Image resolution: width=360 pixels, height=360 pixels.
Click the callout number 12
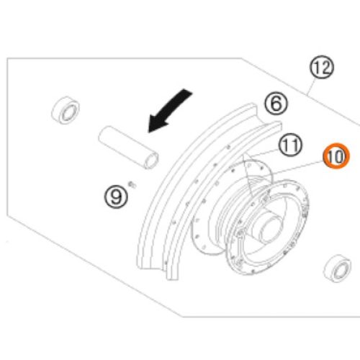(x=322, y=67)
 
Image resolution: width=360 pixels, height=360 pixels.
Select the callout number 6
(x=276, y=104)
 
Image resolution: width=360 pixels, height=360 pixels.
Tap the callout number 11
(x=290, y=145)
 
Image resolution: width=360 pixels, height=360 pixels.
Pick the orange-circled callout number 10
(x=336, y=156)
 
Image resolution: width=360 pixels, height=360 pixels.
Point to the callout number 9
(x=116, y=197)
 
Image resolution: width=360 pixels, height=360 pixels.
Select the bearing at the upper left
(x=66, y=110)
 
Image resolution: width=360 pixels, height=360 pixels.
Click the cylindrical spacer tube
(x=128, y=147)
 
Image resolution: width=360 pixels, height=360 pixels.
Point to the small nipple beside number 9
(x=132, y=184)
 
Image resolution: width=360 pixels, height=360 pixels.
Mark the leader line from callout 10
(x=297, y=167)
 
